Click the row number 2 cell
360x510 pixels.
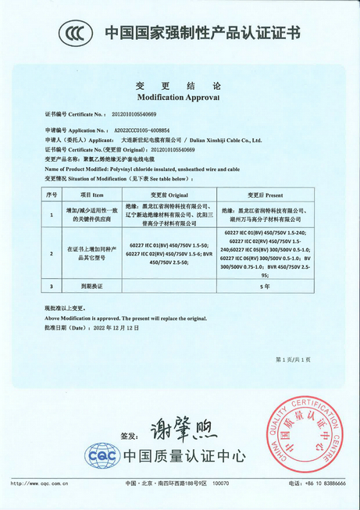(x=52, y=253)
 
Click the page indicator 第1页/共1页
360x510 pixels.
(x=293, y=359)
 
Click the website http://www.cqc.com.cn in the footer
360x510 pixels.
(x=39, y=484)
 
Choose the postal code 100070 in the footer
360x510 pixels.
(x=221, y=484)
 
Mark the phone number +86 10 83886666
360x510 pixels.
(x=323, y=484)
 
